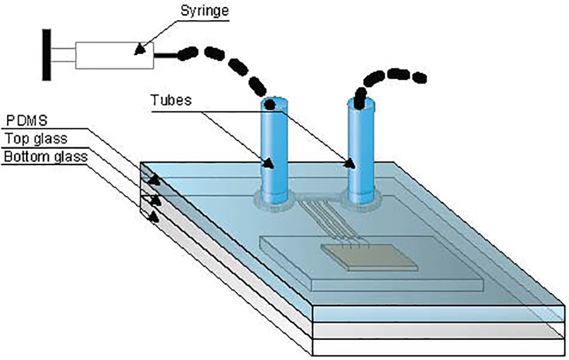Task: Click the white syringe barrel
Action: tap(114, 55)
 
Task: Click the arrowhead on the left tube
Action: tap(269, 164)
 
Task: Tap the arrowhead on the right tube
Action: tap(349, 164)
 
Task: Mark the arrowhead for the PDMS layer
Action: tap(154, 182)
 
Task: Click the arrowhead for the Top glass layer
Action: tap(154, 200)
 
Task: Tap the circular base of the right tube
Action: tap(362, 200)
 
